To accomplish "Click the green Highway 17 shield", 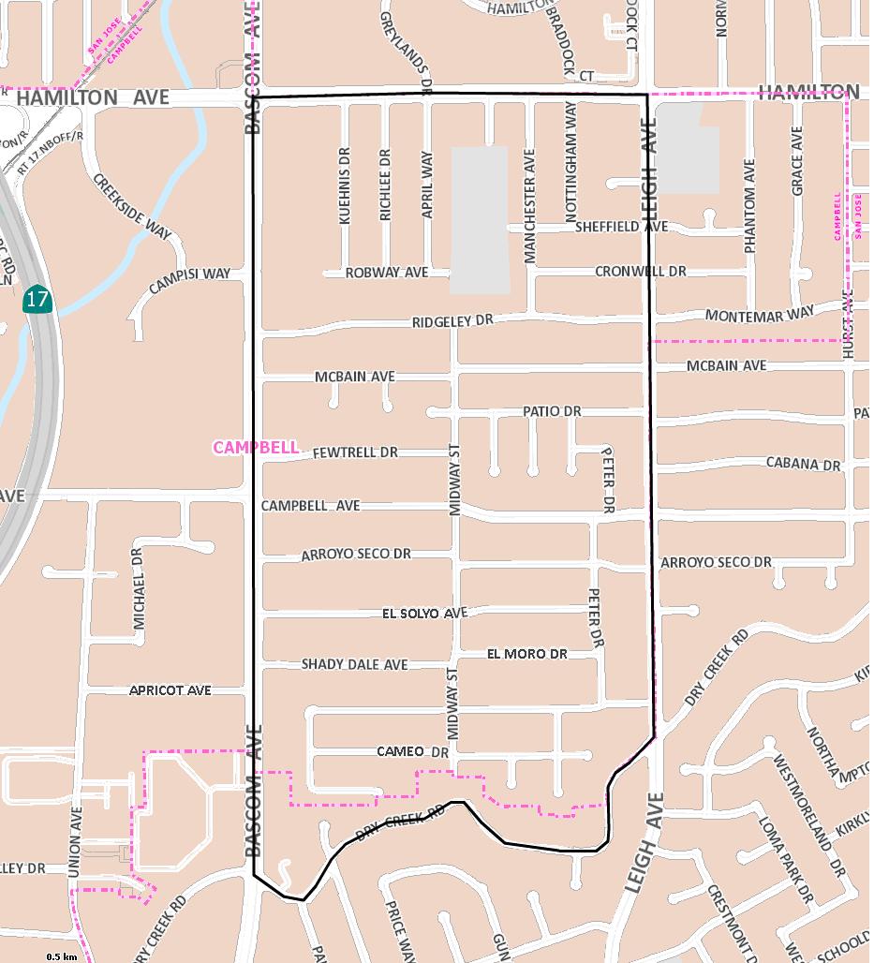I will [37, 300].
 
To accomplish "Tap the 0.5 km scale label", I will [61, 956].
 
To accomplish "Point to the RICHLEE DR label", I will [385, 185].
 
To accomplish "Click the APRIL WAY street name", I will [427, 185].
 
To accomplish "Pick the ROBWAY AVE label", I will [386, 273].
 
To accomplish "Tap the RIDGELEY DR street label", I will [452, 321].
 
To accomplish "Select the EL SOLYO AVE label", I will [424, 614].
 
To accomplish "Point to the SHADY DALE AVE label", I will [354, 664].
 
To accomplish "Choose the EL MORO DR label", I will [527, 654].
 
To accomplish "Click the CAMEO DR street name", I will [413, 751].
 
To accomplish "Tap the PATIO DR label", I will [552, 411].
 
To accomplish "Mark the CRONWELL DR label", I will [641, 272].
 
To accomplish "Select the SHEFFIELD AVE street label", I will [621, 227].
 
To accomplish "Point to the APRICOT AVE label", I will [170, 690].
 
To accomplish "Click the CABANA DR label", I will [803, 464].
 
